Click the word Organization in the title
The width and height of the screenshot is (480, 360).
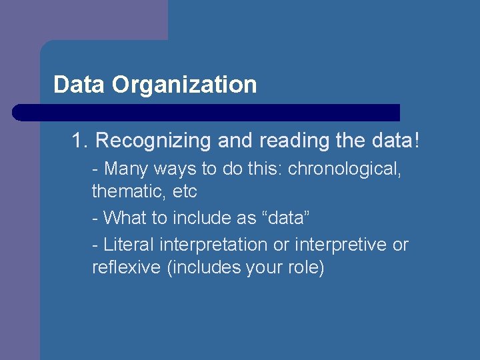click(184, 85)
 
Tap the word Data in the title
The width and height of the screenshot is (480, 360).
click(79, 85)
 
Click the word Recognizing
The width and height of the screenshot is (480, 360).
click(151, 141)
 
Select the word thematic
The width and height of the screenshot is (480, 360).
click(126, 192)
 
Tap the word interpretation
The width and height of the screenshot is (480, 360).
click(213, 245)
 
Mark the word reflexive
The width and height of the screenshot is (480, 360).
click(126, 268)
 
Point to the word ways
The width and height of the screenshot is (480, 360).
click(172, 169)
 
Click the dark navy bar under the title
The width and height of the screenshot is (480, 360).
click(206, 113)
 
